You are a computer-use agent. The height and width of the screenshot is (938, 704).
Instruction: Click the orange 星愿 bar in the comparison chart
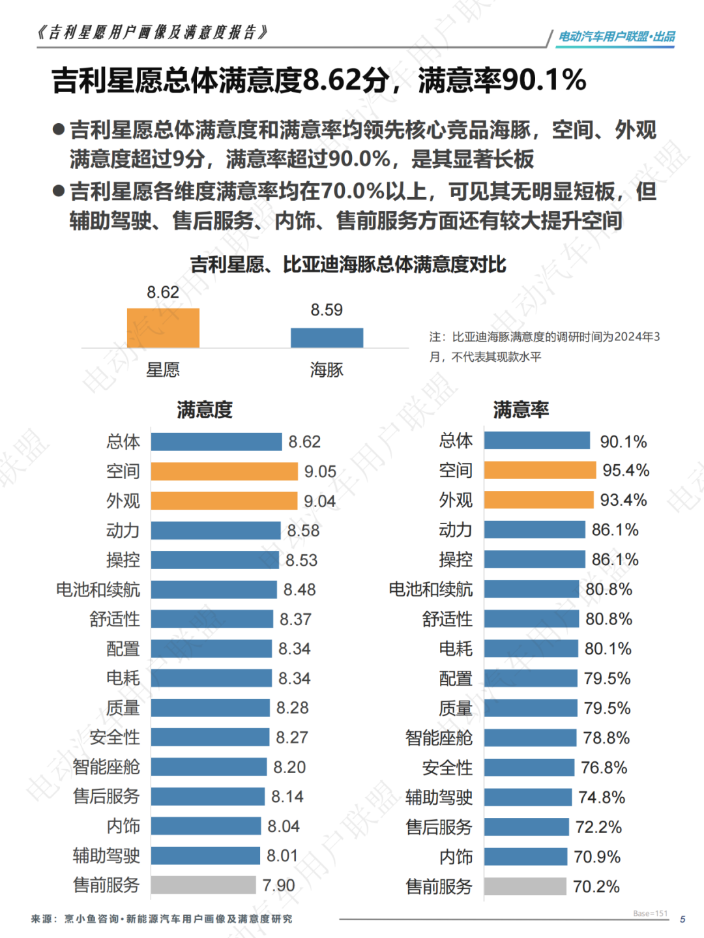[163, 328]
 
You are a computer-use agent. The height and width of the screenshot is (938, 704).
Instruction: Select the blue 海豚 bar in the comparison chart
[327, 338]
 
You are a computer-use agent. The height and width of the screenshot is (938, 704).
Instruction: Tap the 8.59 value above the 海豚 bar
[327, 310]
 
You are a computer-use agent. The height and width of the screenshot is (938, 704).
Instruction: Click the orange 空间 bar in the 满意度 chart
[224, 471]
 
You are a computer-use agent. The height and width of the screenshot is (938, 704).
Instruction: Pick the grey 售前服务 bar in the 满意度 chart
[203, 885]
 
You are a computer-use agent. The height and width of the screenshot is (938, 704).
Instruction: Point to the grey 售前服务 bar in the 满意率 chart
[525, 887]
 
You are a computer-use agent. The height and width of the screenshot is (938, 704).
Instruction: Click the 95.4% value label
[626, 471]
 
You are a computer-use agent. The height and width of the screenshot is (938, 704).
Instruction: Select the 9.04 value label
[319, 501]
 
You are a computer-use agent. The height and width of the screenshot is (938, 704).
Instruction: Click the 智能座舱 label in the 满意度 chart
[106, 767]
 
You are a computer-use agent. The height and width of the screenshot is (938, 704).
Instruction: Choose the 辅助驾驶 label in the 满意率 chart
[439, 797]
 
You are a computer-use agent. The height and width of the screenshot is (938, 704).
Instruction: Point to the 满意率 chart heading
[521, 409]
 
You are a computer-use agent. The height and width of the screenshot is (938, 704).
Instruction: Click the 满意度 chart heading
[205, 409]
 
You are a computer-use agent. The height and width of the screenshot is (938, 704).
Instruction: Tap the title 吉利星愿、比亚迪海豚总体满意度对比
[348, 265]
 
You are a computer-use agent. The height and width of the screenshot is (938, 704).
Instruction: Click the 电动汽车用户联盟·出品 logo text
[617, 37]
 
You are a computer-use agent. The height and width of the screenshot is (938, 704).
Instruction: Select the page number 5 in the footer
[682, 919]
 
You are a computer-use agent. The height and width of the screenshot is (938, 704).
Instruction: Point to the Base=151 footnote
[650, 913]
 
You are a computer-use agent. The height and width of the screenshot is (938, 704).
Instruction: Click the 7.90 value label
[278, 885]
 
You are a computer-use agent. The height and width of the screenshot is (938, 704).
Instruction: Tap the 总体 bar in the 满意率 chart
[537, 441]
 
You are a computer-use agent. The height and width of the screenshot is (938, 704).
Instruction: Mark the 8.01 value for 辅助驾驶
[282, 855]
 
